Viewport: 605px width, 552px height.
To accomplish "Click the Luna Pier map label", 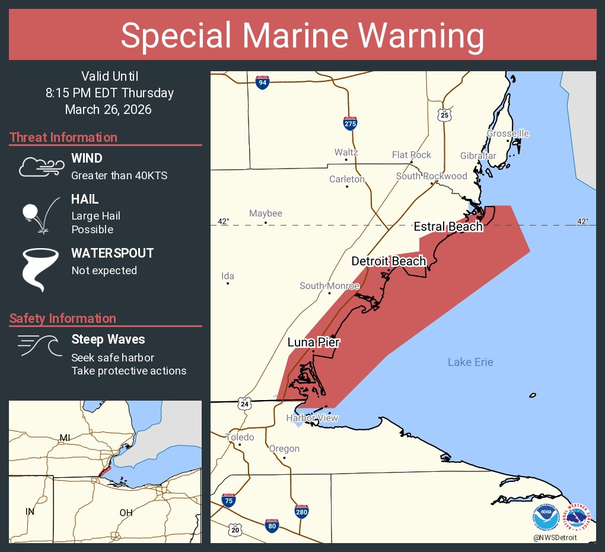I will pos(314,342).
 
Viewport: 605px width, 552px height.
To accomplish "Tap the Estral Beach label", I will pos(448,227).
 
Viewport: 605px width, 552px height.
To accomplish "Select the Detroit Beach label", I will pos(389,261).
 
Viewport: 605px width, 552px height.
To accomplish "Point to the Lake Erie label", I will pos(470,362).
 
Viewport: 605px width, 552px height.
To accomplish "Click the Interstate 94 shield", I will pos(262,82).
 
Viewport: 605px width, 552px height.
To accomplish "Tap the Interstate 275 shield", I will pos(350,123).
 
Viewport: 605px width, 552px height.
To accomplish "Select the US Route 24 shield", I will pos(244,404).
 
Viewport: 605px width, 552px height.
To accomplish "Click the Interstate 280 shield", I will pos(301,511).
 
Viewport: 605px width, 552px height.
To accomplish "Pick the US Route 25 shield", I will pos(445,115).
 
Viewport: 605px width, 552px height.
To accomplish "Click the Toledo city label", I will pos(240,437).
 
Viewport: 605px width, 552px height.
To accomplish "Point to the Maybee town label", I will pos(265,214).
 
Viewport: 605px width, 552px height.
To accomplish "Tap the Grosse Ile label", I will pos(508,134).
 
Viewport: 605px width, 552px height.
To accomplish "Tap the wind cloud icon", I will pos(40,167).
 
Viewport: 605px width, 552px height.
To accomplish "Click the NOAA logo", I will pos(546,517).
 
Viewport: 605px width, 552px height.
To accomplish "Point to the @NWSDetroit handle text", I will pos(555,537).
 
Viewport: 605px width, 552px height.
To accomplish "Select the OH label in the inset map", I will pos(126,512).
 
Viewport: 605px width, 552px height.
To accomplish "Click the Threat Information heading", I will pos(63,137).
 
